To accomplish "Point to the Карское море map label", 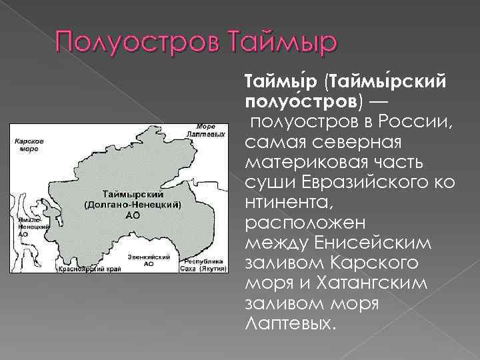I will (29, 145).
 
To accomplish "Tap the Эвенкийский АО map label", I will (148, 260).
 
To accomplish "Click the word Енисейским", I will (371, 243).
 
